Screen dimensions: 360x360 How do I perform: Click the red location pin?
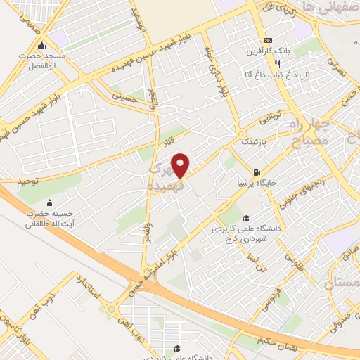(181, 165)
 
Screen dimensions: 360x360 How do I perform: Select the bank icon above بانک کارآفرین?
(268, 40)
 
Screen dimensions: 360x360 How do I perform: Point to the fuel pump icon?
(258, 172)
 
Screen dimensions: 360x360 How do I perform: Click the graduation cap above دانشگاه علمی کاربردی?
(246, 217)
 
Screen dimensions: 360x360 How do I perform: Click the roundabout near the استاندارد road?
(110, 308)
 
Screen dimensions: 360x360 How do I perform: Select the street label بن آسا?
(262, 266)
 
